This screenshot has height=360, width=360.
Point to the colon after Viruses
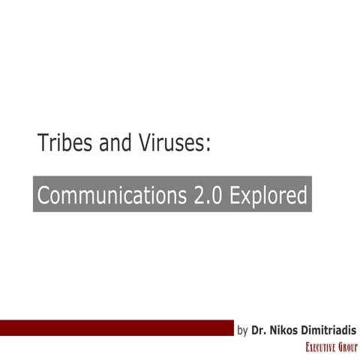pos(206,144)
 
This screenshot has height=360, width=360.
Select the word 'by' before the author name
pos(242,329)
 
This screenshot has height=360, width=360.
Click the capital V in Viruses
pos(140,142)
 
